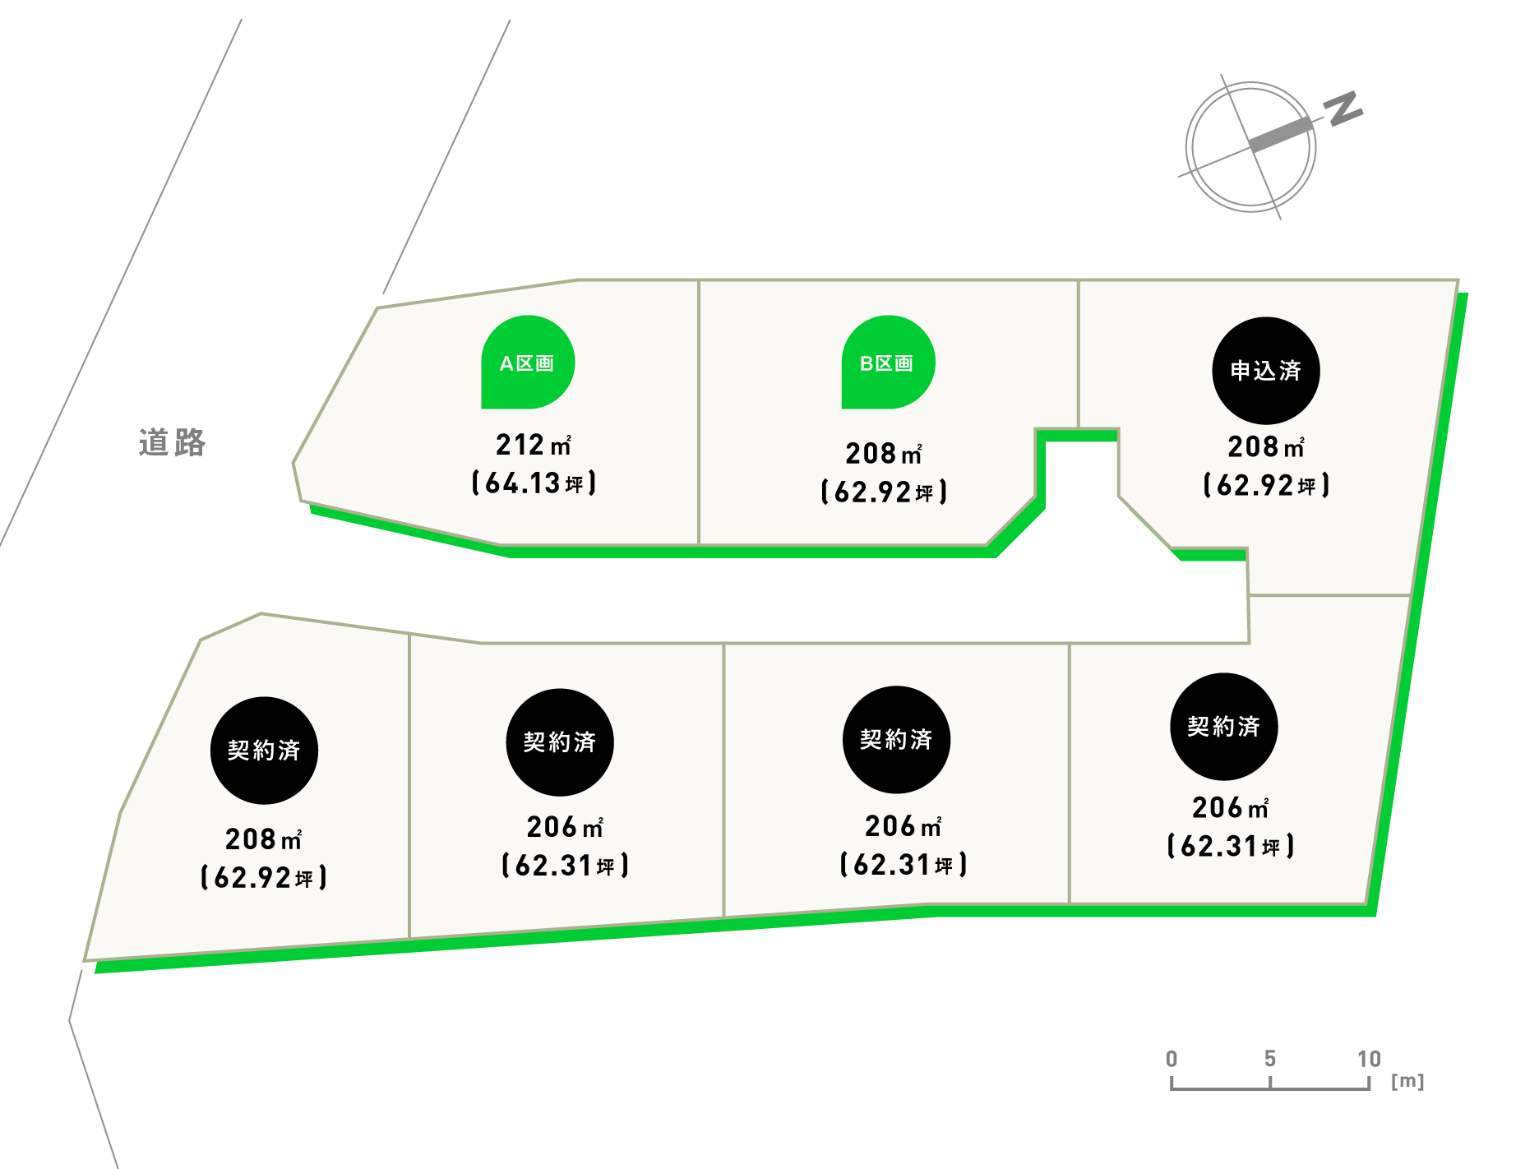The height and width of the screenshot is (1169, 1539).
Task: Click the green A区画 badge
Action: point(528,363)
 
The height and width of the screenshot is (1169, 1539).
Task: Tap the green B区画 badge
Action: point(887,363)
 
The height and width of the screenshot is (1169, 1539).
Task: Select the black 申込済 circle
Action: point(1266,371)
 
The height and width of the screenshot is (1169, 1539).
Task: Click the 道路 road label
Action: point(172,442)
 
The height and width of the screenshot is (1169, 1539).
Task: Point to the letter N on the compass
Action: point(1343,109)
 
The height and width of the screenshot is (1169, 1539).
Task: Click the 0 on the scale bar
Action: point(1172,1059)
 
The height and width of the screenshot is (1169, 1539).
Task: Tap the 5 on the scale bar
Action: point(1270,1059)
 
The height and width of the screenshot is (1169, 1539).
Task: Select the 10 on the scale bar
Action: point(1369,1059)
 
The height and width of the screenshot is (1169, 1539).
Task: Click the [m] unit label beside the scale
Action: point(1407,1081)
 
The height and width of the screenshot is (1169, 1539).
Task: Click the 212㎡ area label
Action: point(533,445)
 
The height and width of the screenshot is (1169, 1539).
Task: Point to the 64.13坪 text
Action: point(534,483)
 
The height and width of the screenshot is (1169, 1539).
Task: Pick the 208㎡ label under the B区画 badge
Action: point(884,453)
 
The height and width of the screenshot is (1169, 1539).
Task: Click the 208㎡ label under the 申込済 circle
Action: point(1266,446)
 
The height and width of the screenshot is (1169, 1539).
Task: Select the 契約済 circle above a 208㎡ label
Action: point(264,750)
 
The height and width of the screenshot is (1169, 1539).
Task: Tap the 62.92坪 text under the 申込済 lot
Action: point(1266,485)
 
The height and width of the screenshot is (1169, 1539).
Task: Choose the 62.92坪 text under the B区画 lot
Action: point(884,492)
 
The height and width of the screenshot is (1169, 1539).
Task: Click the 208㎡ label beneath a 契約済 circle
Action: point(263,839)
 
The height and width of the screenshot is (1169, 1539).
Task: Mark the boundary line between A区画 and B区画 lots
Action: point(699,411)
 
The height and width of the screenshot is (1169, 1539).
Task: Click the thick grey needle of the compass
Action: point(1280,135)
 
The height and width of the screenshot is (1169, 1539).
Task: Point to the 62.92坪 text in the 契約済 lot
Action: point(263,877)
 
